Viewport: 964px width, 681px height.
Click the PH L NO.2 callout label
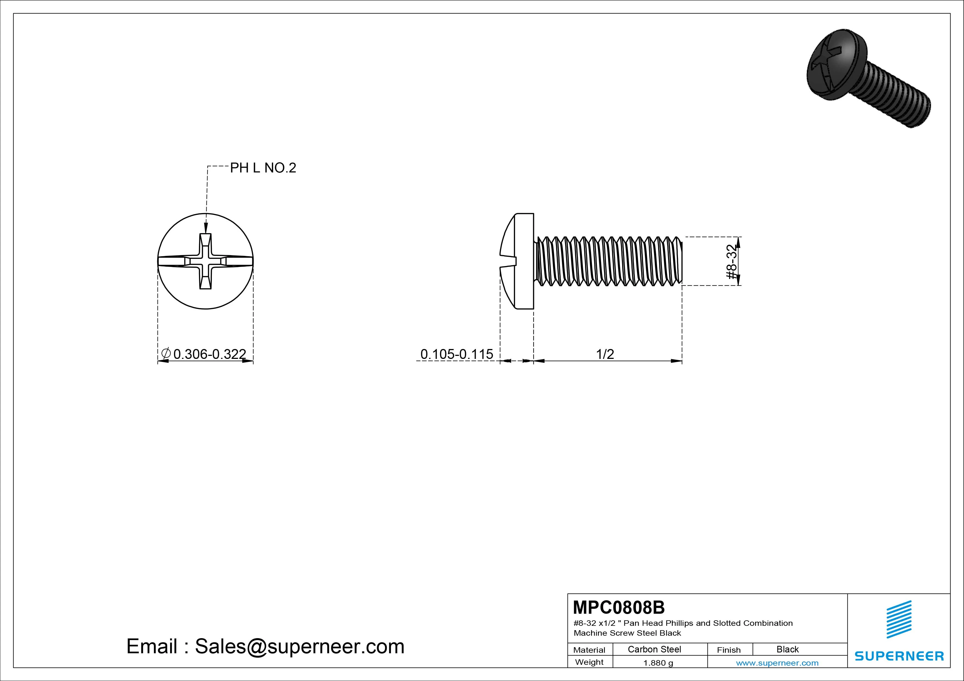click(263, 168)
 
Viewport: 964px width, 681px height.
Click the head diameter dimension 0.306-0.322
click(209, 354)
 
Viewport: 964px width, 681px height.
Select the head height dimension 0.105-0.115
click(456, 354)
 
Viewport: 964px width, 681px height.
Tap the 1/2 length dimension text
click(605, 354)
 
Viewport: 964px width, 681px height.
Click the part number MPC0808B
click(619, 607)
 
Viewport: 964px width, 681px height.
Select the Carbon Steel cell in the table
click(654, 649)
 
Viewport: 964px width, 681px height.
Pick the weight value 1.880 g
click(658, 663)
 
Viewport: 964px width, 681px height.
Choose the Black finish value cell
click(787, 649)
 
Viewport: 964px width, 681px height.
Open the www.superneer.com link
click(777, 663)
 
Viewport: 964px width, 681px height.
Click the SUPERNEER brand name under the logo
click(899, 656)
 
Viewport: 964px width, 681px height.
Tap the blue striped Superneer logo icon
click(899, 619)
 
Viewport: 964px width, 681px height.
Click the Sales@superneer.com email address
click(299, 646)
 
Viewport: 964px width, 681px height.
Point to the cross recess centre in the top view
click(205, 261)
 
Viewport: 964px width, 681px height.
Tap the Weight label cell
click(589, 662)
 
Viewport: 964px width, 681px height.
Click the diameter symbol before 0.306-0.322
click(166, 354)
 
